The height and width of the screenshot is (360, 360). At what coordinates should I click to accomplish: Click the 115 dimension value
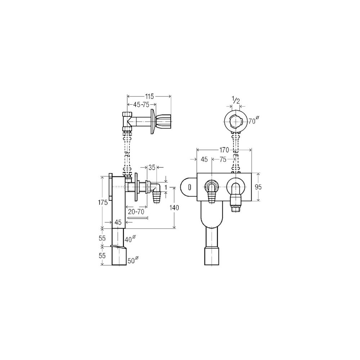(x=149, y=96)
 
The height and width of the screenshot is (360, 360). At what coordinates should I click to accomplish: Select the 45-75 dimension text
(x=141, y=105)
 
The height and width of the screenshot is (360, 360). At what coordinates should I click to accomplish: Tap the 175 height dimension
(x=103, y=203)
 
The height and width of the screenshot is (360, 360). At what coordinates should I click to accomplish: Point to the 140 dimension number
(x=174, y=208)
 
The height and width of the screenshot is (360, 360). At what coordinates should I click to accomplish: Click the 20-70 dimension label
(x=136, y=211)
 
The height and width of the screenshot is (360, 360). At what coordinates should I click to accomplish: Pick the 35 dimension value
(x=152, y=167)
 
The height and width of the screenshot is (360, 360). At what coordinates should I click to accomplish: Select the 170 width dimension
(x=224, y=150)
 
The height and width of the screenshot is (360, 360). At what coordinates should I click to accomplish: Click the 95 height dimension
(x=258, y=187)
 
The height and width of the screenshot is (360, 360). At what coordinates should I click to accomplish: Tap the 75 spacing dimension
(x=223, y=159)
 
